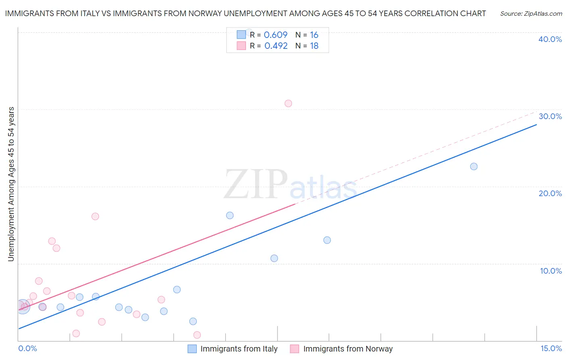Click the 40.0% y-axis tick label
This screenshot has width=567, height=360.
(550, 39)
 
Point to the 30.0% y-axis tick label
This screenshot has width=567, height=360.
(550, 116)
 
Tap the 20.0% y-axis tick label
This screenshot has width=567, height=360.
(550, 193)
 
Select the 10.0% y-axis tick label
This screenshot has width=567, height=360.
(551, 271)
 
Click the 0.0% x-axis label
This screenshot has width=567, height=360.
(27, 348)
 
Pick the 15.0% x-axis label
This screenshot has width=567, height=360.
(551, 348)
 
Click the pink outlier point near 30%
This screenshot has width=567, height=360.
(288, 103)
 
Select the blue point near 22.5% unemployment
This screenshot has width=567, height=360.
(474, 167)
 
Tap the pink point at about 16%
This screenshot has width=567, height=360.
(95, 216)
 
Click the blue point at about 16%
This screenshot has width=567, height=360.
(230, 216)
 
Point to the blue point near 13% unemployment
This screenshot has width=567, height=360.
(327, 240)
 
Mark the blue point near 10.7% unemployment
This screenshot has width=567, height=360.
(274, 258)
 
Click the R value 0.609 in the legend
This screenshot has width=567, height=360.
(275, 35)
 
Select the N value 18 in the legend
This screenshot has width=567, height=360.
(314, 46)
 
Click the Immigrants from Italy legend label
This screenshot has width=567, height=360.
(239, 349)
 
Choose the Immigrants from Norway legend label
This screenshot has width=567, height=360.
(348, 349)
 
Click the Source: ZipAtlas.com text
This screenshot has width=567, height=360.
(531, 13)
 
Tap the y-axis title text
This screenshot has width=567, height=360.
(11, 184)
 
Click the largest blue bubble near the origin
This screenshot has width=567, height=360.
(23, 307)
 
